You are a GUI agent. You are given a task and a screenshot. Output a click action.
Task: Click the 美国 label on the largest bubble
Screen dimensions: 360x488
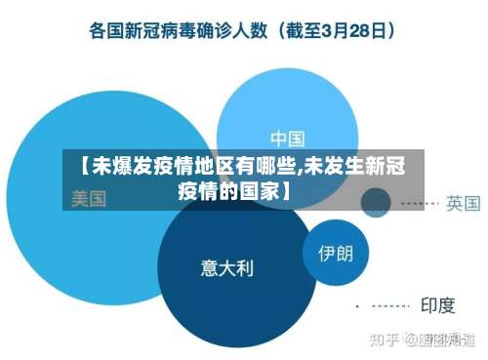click(89, 199)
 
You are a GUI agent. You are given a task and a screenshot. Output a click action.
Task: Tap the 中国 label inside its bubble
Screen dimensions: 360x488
click(287, 138)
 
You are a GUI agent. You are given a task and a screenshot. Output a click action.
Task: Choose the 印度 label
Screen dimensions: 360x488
click(437, 305)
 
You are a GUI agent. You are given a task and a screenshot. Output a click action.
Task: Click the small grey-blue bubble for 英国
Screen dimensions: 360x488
click(376, 203)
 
